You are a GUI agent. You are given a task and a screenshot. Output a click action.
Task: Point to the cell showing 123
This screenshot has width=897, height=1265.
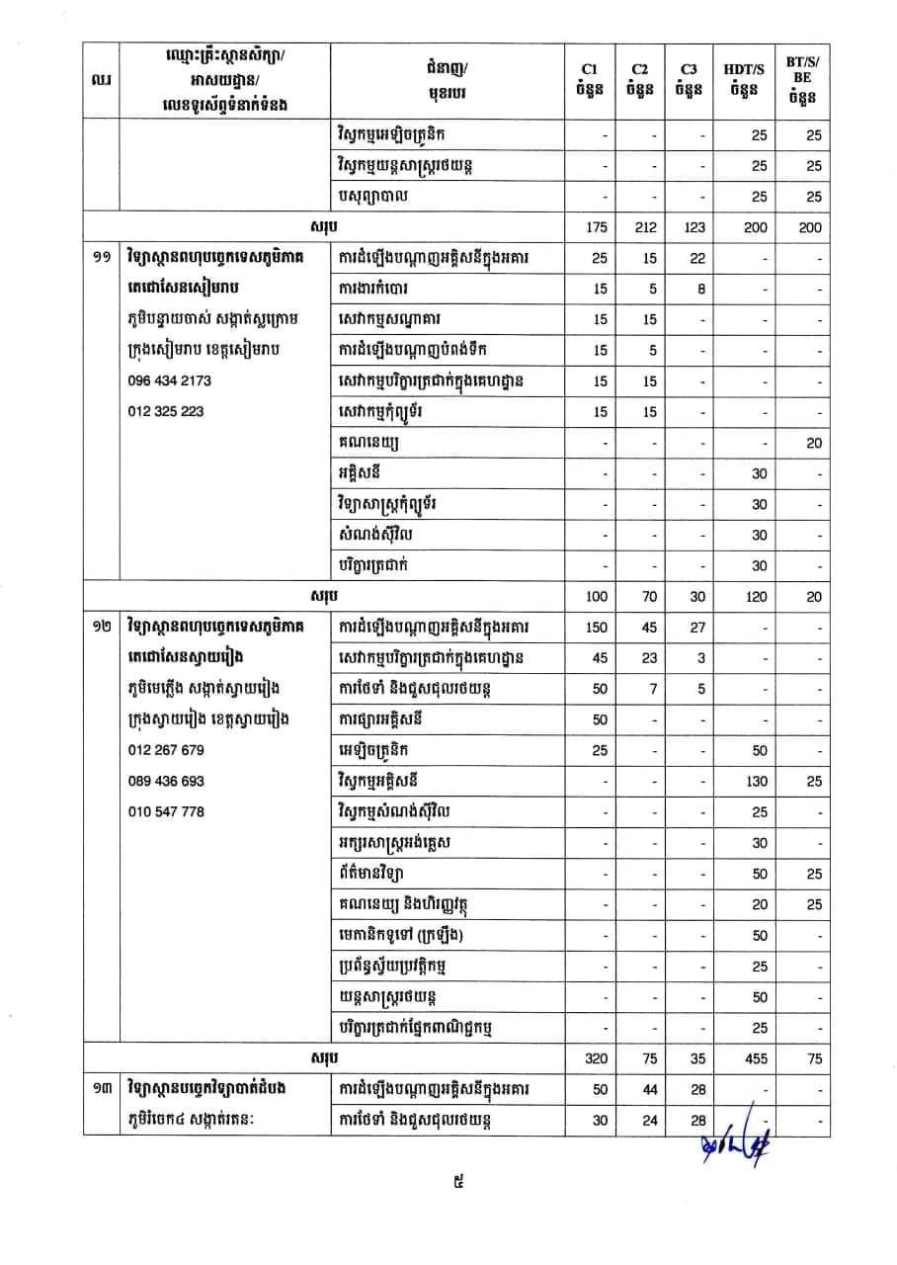[694, 227]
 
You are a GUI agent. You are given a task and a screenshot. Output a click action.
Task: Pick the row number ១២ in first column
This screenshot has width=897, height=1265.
[100, 627]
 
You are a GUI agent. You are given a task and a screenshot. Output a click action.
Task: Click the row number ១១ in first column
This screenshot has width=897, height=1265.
[100, 258]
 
